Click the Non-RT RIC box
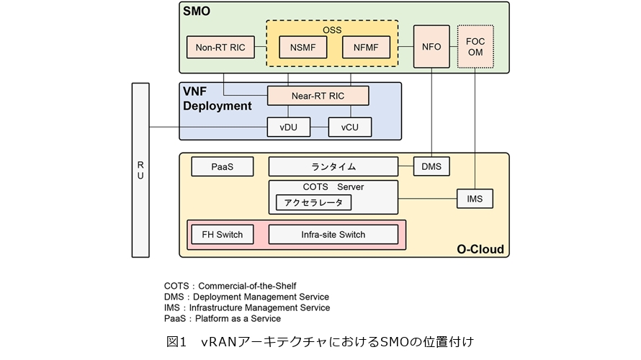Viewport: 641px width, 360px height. coord(220,48)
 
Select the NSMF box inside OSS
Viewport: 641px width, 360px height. coord(302,48)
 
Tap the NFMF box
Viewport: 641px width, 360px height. coord(367,48)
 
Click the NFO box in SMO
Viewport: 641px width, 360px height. coord(431,47)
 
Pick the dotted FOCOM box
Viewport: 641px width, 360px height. coord(476,47)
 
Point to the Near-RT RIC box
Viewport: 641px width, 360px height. coord(318,95)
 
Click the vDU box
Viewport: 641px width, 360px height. coord(288,127)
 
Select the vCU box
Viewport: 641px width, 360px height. coord(349,127)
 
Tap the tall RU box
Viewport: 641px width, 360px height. coord(140,170)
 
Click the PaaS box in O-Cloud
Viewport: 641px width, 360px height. coord(222,167)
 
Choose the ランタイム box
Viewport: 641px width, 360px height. coord(333,167)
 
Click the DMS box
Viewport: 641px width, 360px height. coord(431,167)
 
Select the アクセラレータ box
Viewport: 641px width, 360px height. coord(313,202)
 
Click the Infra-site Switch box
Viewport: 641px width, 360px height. coord(333,234)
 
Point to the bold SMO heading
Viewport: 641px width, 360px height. coord(197,12)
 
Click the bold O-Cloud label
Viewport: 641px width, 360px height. coord(480,250)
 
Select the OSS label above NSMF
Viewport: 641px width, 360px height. coord(332,30)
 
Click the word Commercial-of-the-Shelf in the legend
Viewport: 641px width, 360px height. coord(247,285)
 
